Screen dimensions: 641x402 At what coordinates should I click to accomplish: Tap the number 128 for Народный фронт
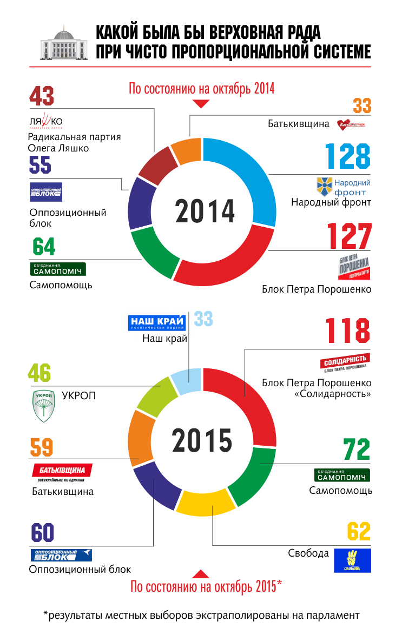(348, 157)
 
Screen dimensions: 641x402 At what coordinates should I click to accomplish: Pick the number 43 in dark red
(42, 96)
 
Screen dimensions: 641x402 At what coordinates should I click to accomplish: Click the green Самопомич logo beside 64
(57, 269)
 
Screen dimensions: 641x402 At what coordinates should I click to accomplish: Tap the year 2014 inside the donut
(205, 212)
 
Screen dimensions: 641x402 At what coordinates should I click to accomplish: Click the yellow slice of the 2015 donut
(206, 503)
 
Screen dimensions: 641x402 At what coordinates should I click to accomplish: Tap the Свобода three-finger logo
(352, 561)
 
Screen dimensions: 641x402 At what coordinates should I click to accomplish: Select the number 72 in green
(357, 450)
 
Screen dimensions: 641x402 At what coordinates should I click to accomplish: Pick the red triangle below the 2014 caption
(201, 103)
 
